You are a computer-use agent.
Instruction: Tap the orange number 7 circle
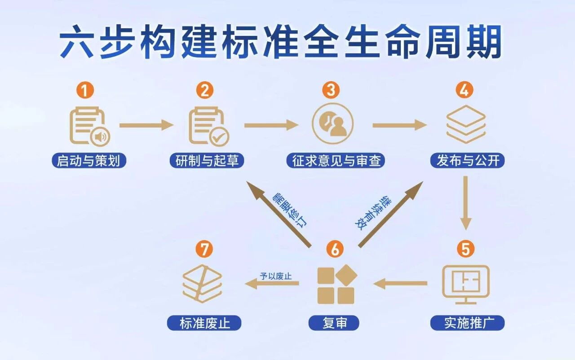point(204,250)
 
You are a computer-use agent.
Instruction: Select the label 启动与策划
point(88,161)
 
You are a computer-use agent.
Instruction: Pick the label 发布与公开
point(468,161)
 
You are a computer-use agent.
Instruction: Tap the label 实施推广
point(468,323)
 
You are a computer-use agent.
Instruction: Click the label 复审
point(335,323)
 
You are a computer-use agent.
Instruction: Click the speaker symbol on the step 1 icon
point(100,137)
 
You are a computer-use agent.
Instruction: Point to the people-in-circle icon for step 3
point(333,123)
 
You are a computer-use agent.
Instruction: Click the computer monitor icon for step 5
point(465,282)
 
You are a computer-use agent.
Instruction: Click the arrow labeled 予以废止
point(272,283)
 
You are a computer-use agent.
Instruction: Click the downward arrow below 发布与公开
point(466,202)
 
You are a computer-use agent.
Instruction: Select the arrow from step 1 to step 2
point(146,125)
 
